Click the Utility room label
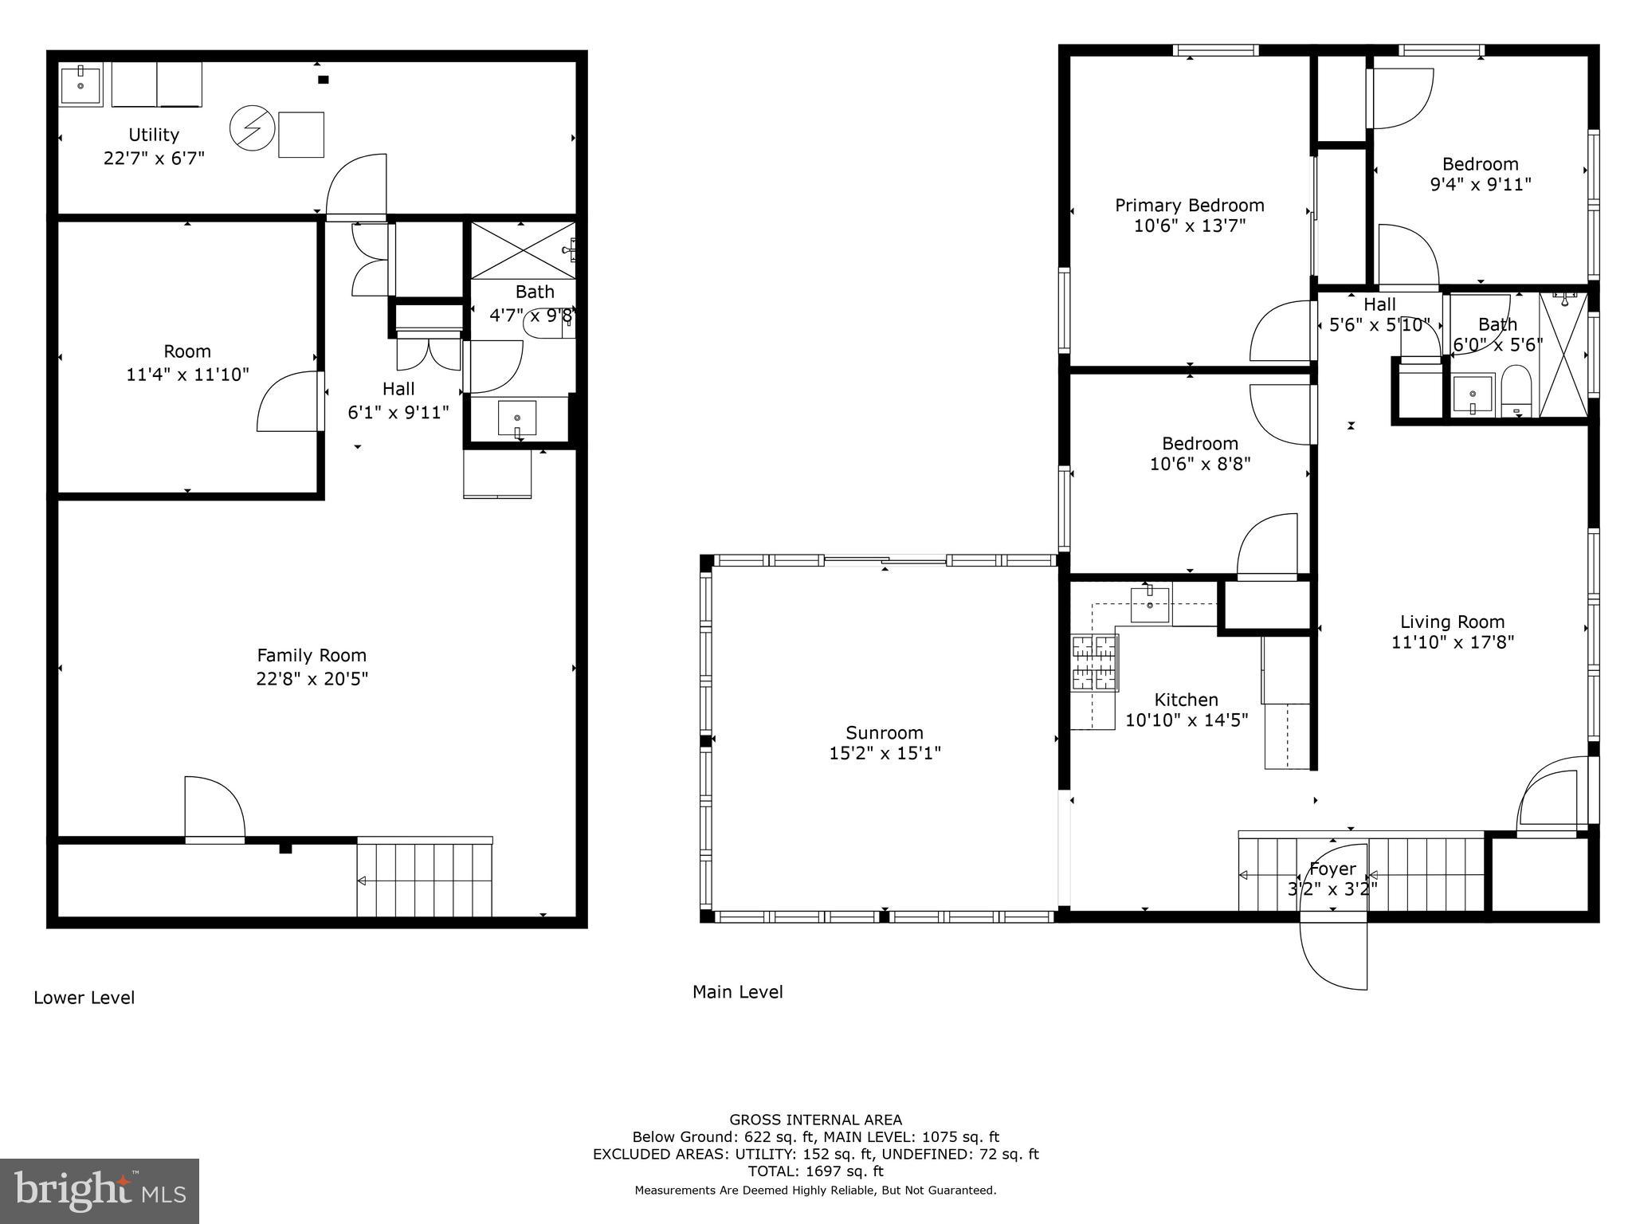154,135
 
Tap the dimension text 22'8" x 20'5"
312,679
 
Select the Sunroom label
885,732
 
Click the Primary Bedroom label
1189,206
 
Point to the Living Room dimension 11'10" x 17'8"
1452,642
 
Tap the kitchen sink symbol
1149,604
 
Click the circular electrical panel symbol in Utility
253,129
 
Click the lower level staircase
424,880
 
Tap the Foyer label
1332,869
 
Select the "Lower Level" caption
84,998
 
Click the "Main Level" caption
737,992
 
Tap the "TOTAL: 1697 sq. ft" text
815,1171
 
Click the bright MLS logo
100,1191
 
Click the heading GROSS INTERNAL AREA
815,1120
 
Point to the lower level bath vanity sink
517,418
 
